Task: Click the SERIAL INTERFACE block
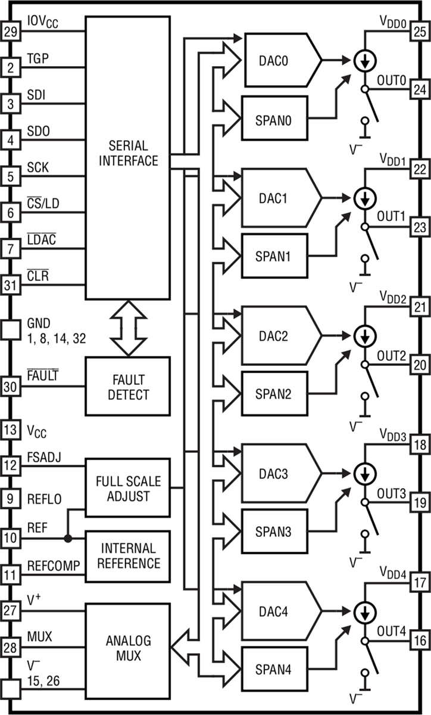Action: pos(127,153)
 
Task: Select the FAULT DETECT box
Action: pos(127,386)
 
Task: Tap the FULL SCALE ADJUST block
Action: pos(127,488)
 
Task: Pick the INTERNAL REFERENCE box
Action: pos(127,555)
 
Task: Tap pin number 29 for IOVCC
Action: pos(10,31)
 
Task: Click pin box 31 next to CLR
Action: pos(10,286)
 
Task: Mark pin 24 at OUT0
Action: pos(420,90)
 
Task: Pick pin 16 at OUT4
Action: pos(420,641)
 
